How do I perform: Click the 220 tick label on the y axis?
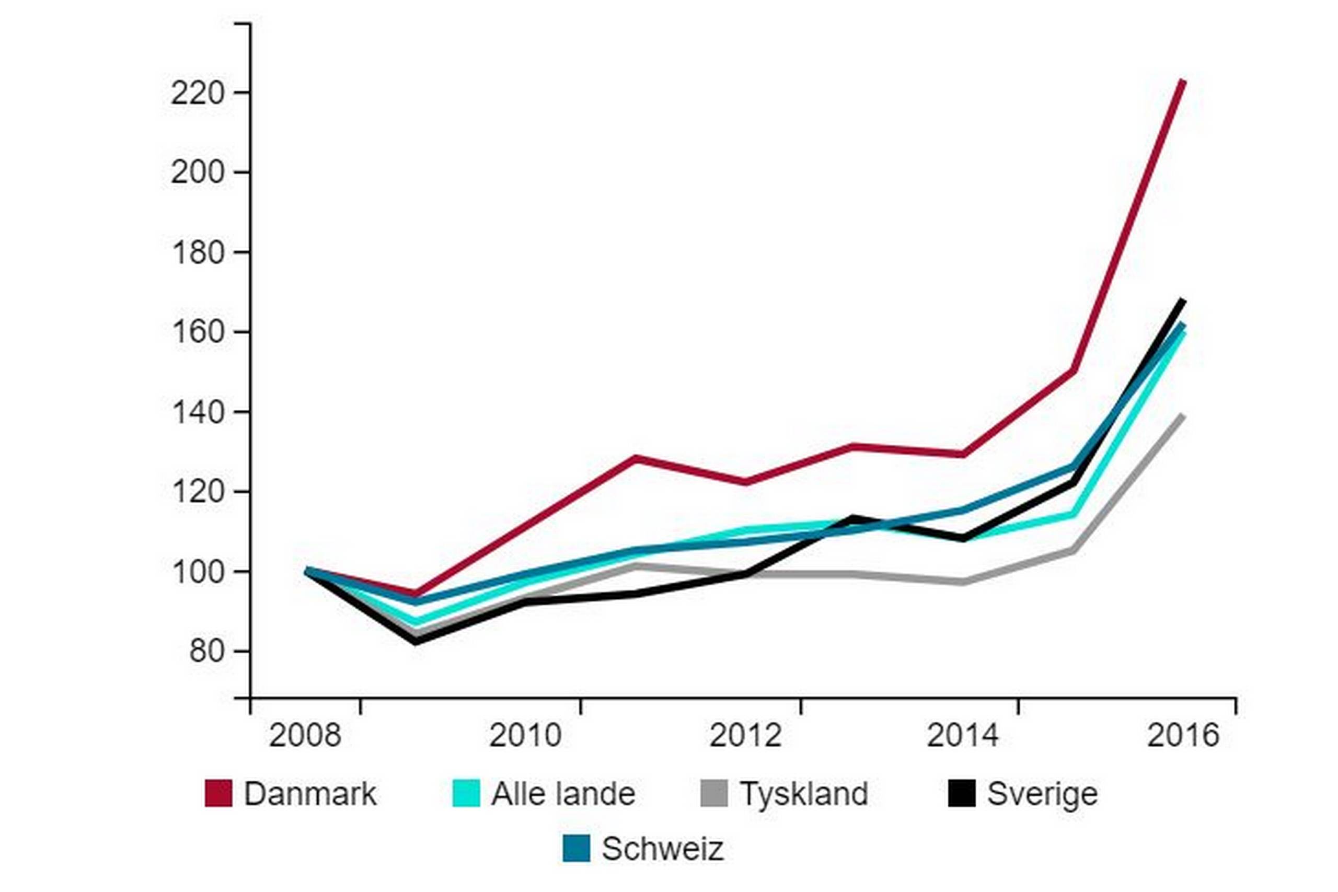198,94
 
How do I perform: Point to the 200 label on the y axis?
198,172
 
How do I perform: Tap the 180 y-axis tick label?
198,252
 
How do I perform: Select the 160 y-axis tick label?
198,332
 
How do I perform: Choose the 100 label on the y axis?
198,572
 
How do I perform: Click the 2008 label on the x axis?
305,735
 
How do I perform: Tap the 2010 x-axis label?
525,735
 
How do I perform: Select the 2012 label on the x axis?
745,735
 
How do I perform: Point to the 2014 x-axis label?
963,735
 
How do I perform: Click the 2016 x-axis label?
1183,735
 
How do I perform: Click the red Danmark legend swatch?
218,793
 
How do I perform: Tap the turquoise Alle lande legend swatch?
466,793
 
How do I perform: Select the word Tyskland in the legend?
803,794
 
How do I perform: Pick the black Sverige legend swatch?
961,793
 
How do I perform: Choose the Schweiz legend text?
663,849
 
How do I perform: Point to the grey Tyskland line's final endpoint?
1183,416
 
